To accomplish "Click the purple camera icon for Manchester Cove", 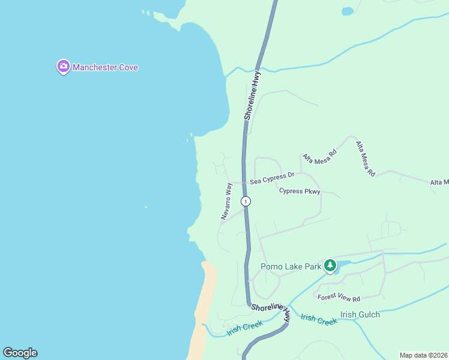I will (64, 67).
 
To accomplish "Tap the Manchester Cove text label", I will (106, 67).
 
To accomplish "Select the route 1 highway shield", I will (246, 201).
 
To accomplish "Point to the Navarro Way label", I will (227, 202).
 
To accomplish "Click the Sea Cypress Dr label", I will (273, 178).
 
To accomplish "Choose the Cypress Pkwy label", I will (300, 191).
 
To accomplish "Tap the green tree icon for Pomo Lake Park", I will (330, 265).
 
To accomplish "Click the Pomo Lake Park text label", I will (291, 267).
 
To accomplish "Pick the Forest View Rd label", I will (339, 298).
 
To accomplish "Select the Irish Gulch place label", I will (360, 314).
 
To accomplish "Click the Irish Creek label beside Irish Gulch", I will (319, 320).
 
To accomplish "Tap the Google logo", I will (20, 353).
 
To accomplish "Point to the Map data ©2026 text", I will (423, 355).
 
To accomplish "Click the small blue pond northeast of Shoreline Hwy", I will (348, 11).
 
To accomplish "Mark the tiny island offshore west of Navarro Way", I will (146, 208).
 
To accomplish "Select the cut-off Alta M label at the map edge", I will (439, 182).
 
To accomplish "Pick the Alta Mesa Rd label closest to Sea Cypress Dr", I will (320, 157).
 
